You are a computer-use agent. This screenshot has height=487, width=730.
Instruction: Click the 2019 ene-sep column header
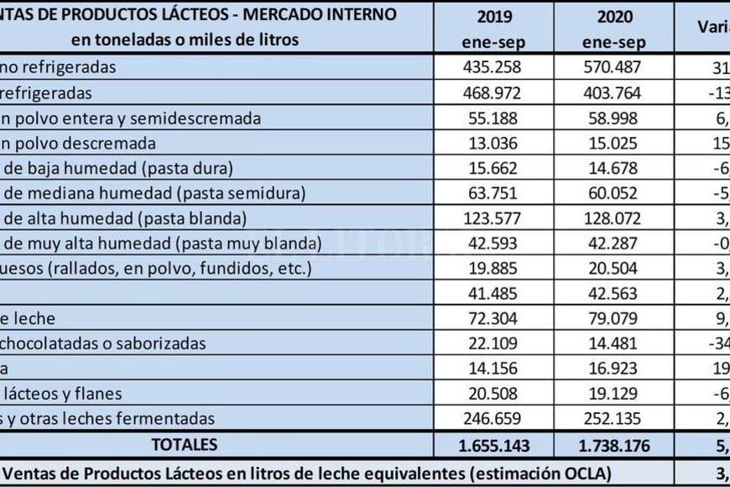[x=493, y=29]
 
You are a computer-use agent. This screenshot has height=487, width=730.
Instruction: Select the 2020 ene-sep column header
[x=614, y=29]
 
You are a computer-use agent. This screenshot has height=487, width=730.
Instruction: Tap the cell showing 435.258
[x=493, y=66]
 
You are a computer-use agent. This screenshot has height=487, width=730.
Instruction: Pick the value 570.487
[x=614, y=66]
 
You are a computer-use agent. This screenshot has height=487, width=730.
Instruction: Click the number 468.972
[x=493, y=92]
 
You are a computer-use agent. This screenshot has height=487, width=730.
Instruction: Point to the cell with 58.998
[x=614, y=118]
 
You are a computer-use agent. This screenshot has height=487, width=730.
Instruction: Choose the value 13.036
[x=493, y=144]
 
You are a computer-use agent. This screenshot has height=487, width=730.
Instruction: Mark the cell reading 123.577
[x=493, y=219]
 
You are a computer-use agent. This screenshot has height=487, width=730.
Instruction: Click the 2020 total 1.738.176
[x=614, y=446]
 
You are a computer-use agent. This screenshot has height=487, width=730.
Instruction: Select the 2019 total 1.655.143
[x=493, y=446]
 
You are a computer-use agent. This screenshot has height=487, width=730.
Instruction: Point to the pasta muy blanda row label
[x=159, y=244]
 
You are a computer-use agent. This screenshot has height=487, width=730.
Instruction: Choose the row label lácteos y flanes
[x=63, y=393]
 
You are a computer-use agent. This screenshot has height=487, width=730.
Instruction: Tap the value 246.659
[x=493, y=418]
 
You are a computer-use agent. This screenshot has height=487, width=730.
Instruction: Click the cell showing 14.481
[x=614, y=343]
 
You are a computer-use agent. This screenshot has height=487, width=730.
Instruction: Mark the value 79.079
[x=614, y=319]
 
